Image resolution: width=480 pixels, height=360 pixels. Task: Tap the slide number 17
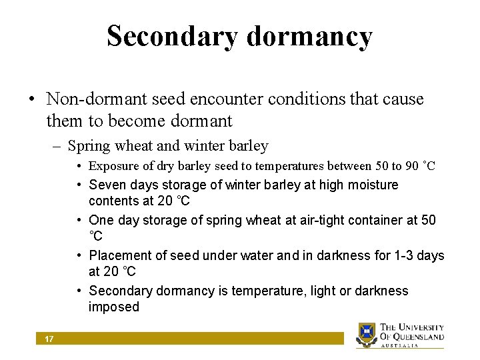(x=49, y=339)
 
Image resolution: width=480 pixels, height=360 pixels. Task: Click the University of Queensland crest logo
(x=367, y=335)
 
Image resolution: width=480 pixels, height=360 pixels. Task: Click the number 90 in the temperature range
(x=413, y=166)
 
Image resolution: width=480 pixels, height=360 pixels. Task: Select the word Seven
(x=107, y=185)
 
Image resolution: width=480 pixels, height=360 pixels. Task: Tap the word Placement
(x=120, y=255)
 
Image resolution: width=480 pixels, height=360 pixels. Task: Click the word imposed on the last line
(x=114, y=307)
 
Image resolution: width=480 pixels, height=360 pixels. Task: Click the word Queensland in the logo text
(x=420, y=337)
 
